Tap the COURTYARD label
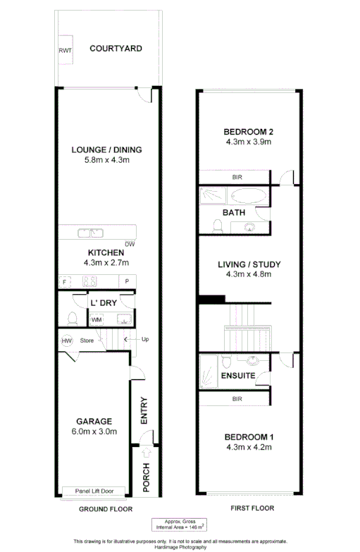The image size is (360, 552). click(x=116, y=49)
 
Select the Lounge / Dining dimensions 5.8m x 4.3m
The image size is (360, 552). click(x=107, y=160)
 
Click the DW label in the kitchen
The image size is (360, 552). click(x=129, y=245)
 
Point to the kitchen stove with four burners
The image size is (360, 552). click(x=90, y=281)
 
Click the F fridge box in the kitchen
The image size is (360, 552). click(x=64, y=281)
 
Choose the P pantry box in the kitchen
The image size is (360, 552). click(x=128, y=281)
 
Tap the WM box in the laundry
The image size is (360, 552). click(x=96, y=319)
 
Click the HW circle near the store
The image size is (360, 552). click(x=67, y=341)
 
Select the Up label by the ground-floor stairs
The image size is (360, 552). click(x=144, y=339)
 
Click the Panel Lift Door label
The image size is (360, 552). click(x=100, y=491)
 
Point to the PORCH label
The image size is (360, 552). click(x=145, y=477)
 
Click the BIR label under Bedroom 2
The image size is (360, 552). click(x=237, y=177)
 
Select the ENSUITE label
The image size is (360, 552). click(x=237, y=376)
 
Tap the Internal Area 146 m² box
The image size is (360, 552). click(x=180, y=523)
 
